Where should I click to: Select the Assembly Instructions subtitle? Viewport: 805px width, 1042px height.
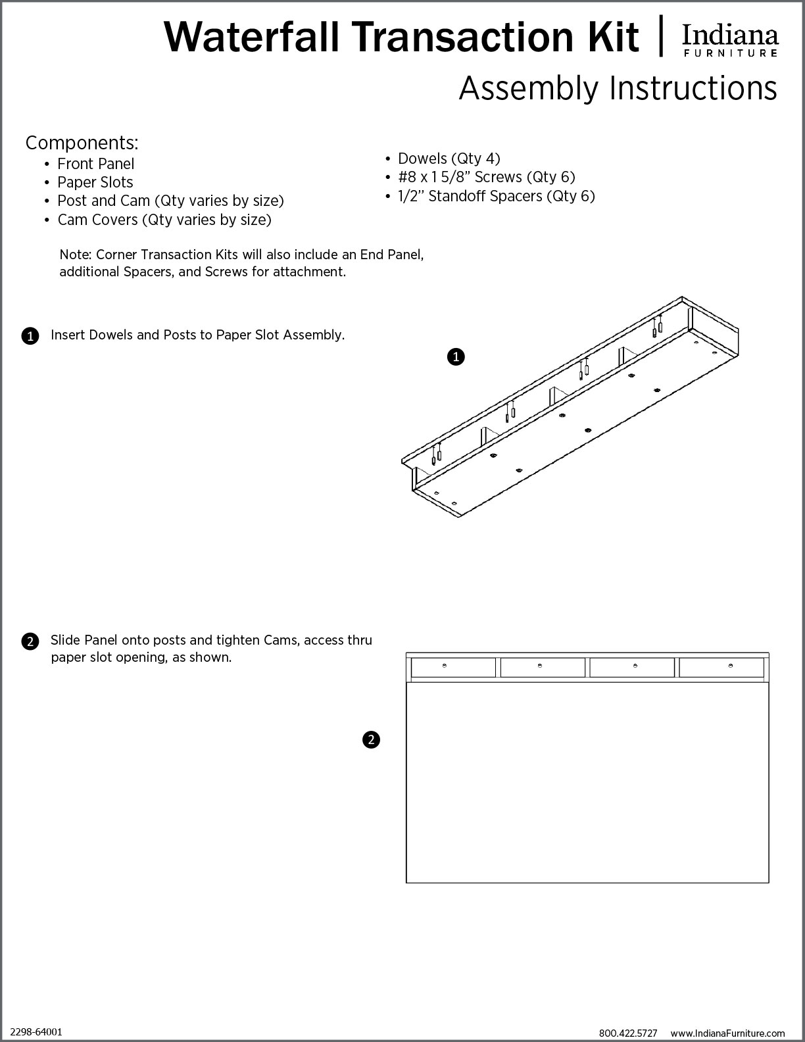(618, 88)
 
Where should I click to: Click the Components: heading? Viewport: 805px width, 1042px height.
(82, 143)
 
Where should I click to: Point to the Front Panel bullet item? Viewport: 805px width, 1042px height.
(95, 164)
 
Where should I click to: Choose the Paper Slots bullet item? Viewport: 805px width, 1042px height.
(95, 182)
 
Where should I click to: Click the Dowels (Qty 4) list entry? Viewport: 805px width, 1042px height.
(449, 159)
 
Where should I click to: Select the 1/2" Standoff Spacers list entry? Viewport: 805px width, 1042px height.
(496, 196)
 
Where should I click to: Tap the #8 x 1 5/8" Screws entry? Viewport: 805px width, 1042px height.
(486, 177)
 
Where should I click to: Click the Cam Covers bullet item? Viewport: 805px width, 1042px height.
(164, 220)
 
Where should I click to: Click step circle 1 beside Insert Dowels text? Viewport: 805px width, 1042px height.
(30, 336)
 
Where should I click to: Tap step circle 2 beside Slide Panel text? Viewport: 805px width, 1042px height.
(30, 641)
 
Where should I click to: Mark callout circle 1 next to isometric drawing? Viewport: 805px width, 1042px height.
(456, 357)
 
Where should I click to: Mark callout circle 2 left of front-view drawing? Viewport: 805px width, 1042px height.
(371, 740)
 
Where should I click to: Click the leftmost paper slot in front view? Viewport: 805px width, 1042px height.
(453, 667)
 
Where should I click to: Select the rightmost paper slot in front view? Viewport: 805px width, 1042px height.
(721, 667)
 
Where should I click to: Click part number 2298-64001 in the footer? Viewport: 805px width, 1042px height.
(37, 1032)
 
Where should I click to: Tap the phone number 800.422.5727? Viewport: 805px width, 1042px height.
(627, 1033)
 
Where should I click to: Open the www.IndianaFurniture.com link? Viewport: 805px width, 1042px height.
(727, 1033)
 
